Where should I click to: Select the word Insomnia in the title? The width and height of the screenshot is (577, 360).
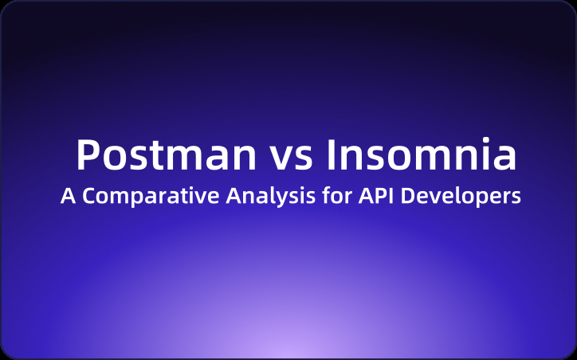[x=422, y=155]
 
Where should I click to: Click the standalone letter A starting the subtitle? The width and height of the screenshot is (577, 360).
[x=67, y=197]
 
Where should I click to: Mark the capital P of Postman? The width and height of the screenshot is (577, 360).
[x=88, y=155]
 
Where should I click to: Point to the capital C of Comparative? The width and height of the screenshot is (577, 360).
[x=89, y=197]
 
